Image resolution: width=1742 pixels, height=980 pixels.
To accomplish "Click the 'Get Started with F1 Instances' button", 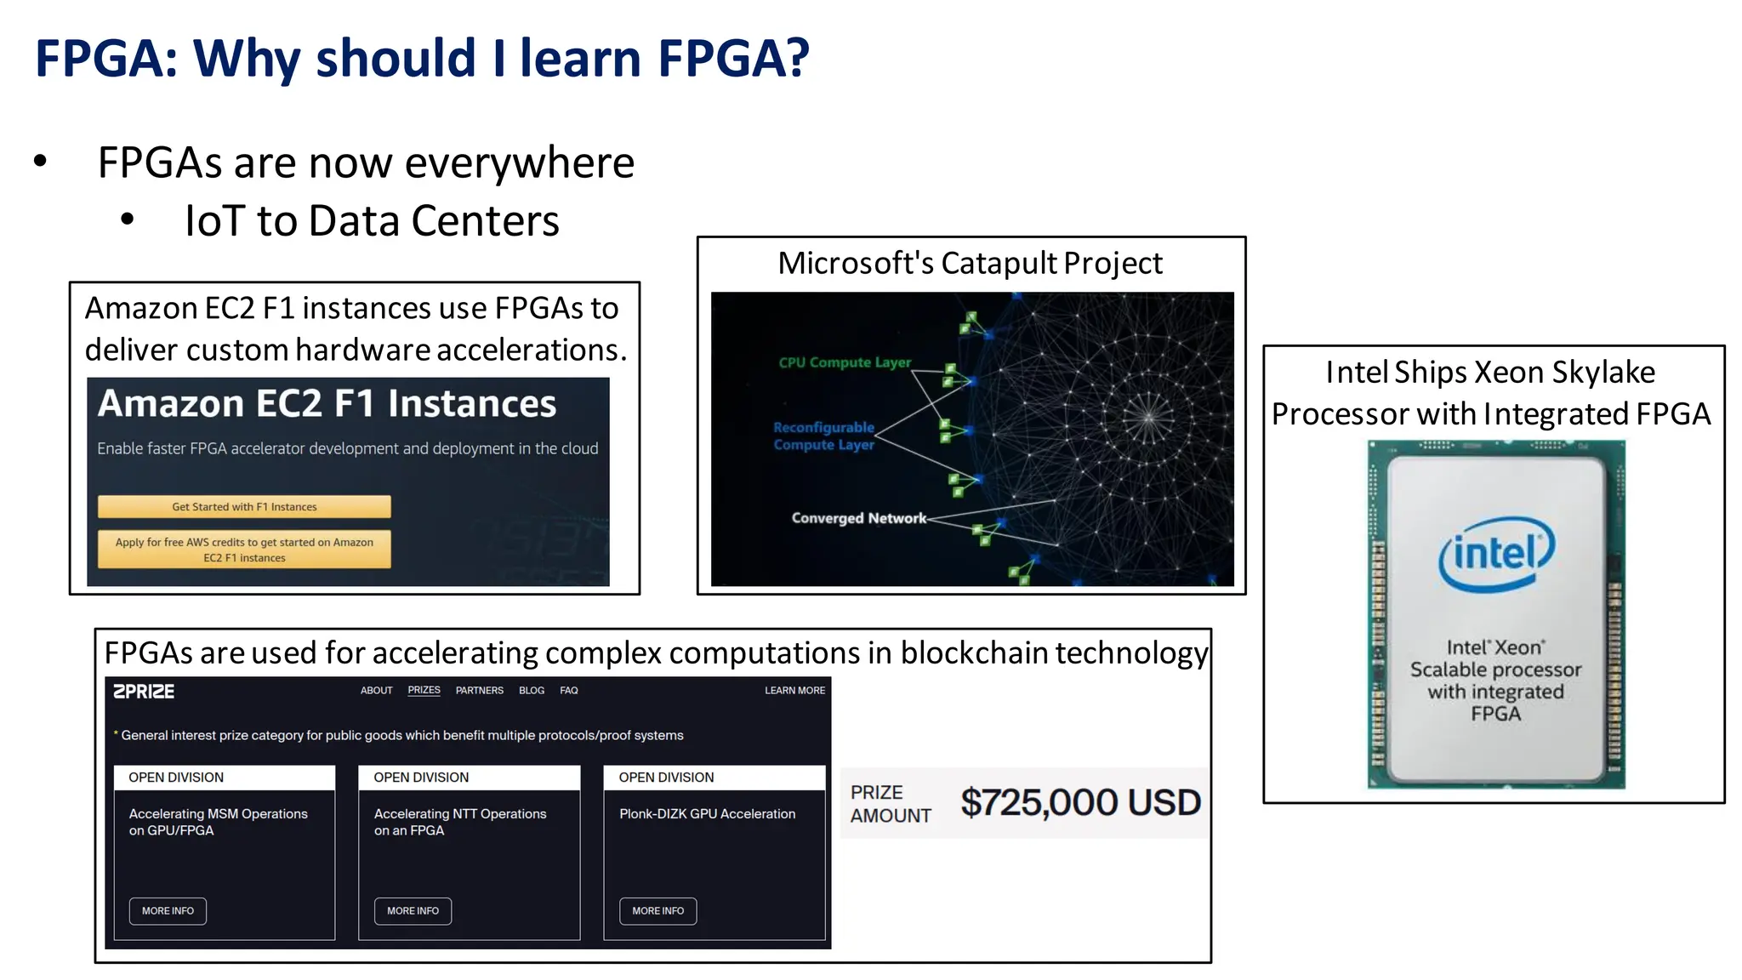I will [244, 507].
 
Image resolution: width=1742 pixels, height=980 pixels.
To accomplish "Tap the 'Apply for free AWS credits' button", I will [244, 550].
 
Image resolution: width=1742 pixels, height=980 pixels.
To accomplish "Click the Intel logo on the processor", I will [1496, 555].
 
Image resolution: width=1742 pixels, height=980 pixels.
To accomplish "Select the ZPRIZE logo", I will [144, 692].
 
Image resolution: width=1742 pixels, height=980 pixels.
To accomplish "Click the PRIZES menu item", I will [424, 690].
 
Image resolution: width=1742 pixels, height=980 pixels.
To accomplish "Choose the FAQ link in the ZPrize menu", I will [568, 690].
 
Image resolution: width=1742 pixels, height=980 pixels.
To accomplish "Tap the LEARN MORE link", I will [794, 690].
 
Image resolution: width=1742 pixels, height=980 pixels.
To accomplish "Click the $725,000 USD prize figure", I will [1080, 802].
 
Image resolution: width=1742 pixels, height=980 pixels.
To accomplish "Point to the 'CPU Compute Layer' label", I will [845, 362].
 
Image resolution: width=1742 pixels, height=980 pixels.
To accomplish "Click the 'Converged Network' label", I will [858, 518].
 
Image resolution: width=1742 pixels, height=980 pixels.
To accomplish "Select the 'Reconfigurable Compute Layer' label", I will [823, 436].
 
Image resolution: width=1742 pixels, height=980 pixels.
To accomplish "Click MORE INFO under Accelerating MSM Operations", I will [168, 910].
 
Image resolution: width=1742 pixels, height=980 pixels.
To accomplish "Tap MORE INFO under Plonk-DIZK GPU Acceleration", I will [658, 910].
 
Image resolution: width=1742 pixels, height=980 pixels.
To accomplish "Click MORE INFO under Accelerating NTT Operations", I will [413, 910].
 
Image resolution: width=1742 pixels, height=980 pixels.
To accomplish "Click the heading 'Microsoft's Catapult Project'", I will [970, 264].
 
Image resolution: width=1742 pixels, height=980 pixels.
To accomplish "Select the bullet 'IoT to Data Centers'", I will [372, 221].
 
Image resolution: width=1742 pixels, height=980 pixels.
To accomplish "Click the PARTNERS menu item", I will [479, 690].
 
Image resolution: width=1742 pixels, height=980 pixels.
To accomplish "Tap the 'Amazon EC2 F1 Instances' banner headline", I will [327, 403].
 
